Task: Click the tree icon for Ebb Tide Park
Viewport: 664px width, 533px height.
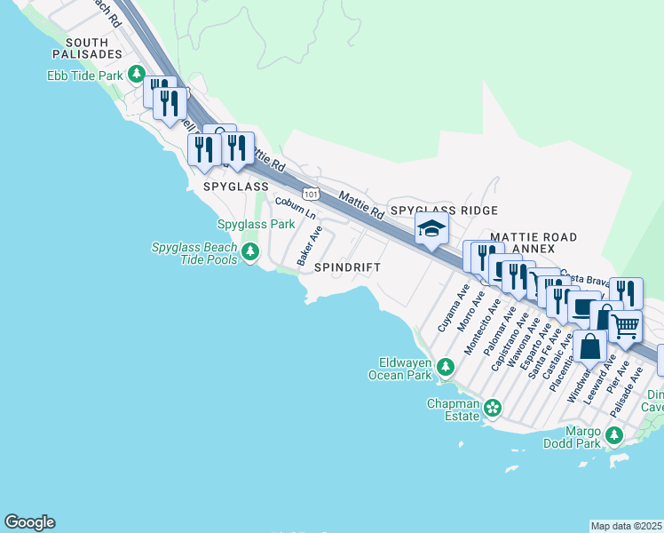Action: (x=137, y=75)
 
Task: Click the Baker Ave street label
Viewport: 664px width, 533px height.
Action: (x=309, y=246)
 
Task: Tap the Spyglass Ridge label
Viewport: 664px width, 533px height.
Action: (x=444, y=210)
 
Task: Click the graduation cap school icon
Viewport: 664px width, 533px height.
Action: (x=431, y=230)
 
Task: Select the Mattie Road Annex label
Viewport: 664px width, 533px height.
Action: (x=534, y=243)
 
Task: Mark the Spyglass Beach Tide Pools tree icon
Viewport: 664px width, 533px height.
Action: (x=250, y=253)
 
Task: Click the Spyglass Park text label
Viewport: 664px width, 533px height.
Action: (x=256, y=225)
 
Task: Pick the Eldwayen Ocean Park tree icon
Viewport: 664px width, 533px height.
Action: (x=446, y=366)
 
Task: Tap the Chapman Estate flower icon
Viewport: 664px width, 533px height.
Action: (x=492, y=408)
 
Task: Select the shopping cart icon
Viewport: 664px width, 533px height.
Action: (x=625, y=327)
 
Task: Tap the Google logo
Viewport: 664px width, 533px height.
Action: (x=29, y=522)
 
